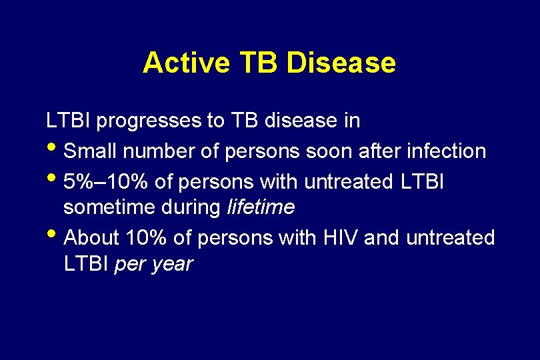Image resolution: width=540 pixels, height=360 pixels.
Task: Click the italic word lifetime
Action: click(261, 208)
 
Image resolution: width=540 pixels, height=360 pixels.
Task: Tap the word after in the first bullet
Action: click(376, 151)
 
